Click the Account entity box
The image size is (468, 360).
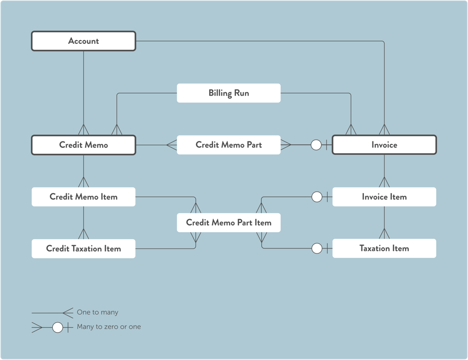84,41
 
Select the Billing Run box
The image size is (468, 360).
229,93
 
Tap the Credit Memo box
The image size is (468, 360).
84,145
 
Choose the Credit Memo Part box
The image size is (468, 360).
229,145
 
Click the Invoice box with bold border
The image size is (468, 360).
384,145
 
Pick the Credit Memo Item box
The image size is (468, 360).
84,197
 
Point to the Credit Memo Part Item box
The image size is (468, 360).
229,223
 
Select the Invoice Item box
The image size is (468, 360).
384,197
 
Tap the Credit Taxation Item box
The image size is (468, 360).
84,248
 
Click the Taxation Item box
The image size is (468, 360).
384,248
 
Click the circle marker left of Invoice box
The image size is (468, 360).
316,145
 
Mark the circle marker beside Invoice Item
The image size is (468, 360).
317,197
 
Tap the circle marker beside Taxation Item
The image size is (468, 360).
317,248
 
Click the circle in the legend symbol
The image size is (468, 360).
58,327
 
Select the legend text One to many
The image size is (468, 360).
98,312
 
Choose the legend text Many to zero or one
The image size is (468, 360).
109,327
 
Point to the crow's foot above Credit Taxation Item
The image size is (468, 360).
84,234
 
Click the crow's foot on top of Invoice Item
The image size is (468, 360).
384,182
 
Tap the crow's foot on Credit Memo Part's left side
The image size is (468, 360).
171,145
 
